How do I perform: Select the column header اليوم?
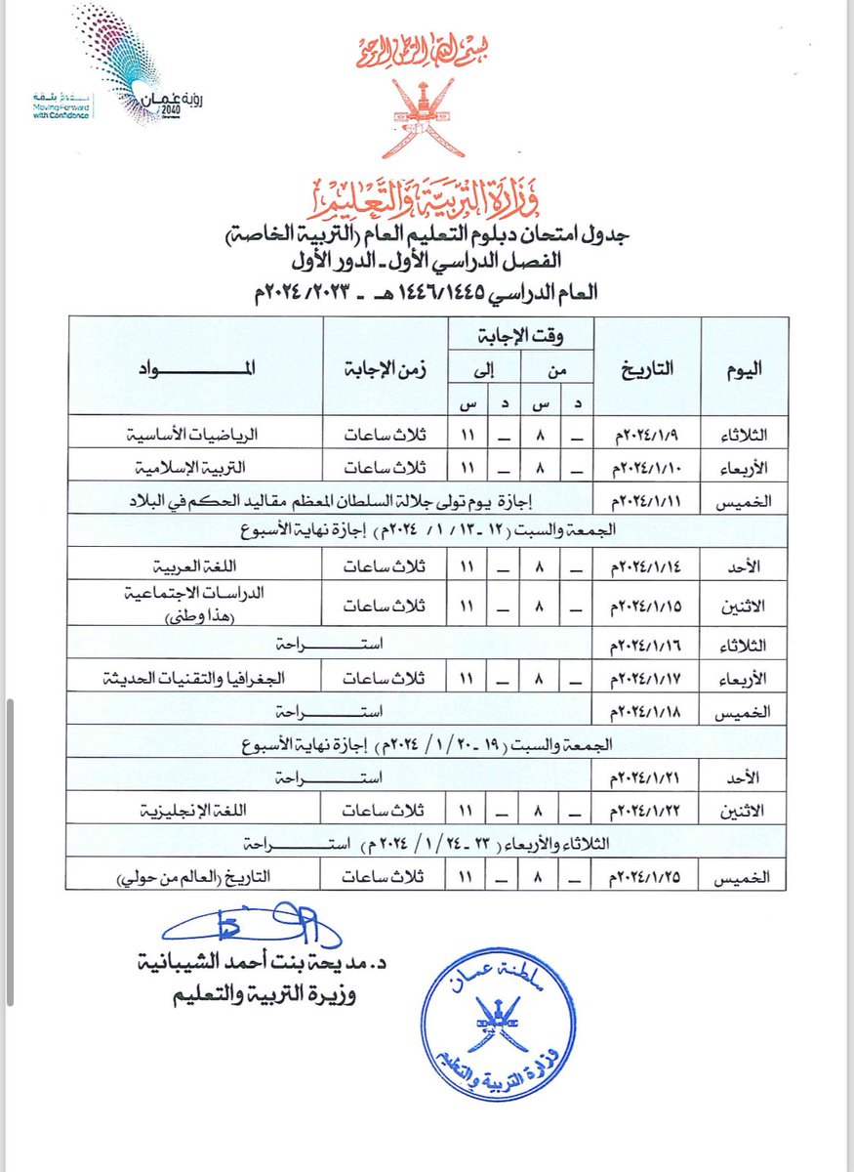pos(747,368)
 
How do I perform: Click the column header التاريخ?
pos(647,368)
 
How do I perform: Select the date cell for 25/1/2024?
pos(646,876)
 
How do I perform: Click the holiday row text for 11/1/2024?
pos(332,501)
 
